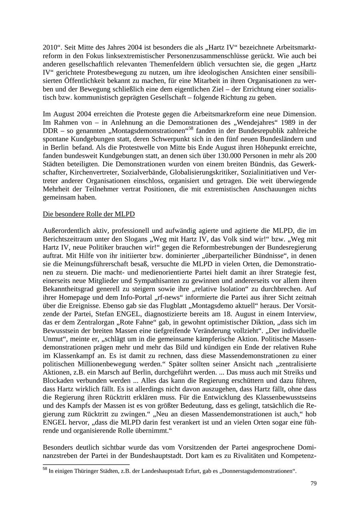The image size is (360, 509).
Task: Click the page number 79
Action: pyautogui.click(x=313, y=483)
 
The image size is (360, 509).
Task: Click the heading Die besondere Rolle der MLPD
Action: pyautogui.click(x=88, y=214)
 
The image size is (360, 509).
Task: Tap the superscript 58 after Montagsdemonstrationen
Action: pyautogui.click(x=191, y=128)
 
